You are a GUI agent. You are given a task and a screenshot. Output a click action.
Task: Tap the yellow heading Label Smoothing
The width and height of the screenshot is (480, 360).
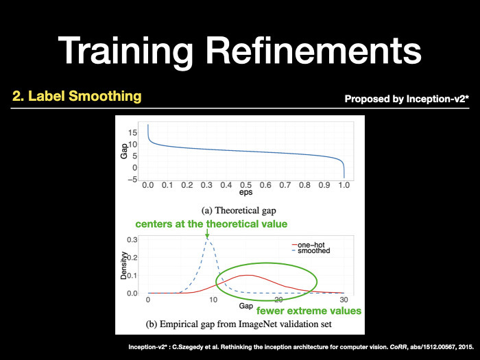(84, 96)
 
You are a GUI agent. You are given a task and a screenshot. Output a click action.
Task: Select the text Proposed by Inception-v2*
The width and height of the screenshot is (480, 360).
(407, 99)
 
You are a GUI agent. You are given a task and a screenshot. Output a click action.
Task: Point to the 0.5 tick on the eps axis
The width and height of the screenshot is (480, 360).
(245, 185)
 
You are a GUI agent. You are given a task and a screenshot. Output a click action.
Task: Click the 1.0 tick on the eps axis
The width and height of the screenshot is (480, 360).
(344, 185)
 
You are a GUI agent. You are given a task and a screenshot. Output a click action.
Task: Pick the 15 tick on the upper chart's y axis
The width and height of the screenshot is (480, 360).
(133, 132)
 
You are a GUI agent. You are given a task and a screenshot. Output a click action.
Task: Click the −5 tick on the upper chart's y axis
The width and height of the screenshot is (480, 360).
(132, 180)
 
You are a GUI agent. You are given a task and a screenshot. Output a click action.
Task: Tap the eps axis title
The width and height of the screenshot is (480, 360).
(245, 192)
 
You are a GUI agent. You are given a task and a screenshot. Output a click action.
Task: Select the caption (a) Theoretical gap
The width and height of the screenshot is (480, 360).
(239, 211)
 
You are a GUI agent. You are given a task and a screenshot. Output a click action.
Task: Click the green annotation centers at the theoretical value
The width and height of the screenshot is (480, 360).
(211, 224)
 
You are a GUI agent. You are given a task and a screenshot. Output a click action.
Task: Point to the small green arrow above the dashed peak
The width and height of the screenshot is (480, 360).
(207, 234)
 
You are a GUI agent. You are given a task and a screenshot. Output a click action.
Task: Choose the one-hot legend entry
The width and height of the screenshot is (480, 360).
(308, 245)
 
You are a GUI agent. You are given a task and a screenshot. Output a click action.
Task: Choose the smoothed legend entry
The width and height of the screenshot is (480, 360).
(311, 251)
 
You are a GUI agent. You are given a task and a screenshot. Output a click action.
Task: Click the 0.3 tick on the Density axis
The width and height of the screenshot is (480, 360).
(132, 239)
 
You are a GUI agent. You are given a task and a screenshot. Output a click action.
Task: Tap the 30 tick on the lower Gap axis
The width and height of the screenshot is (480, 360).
(344, 300)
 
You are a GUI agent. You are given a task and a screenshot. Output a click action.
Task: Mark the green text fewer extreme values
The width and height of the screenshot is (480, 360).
(309, 311)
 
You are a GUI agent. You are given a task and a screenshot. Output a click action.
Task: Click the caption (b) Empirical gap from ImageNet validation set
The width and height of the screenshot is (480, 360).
(239, 324)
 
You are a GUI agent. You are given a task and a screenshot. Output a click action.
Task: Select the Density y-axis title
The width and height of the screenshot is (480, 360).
(123, 265)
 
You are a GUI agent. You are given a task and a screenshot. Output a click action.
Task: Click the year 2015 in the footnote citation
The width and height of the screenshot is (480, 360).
(466, 347)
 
